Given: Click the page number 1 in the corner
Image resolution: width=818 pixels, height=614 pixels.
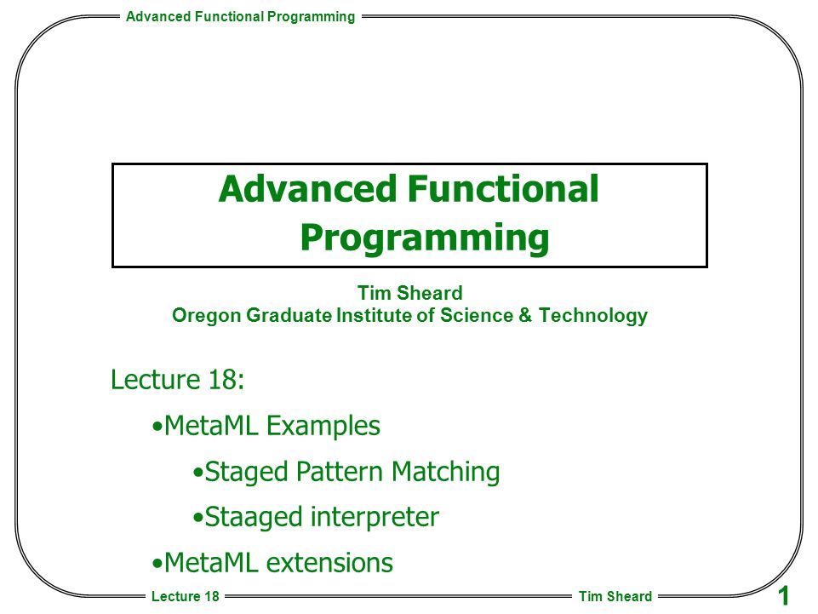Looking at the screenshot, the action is [783, 596].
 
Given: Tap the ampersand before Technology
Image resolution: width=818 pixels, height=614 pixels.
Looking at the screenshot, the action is [525, 315].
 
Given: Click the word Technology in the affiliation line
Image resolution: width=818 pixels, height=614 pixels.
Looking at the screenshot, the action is [593, 316].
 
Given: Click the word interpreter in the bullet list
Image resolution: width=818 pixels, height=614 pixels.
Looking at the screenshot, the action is [375, 517].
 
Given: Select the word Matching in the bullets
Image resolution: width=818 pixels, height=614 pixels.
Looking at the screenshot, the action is [445, 472].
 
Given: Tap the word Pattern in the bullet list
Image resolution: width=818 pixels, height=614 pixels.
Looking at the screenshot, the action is [340, 472].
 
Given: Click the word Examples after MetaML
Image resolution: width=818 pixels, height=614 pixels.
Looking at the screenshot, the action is [323, 426].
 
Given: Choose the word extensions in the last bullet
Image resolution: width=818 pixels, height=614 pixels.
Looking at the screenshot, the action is [329, 563].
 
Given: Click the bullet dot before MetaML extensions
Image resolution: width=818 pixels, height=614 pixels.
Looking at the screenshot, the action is [157, 565].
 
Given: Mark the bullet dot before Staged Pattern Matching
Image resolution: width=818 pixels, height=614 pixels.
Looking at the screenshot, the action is [197, 473].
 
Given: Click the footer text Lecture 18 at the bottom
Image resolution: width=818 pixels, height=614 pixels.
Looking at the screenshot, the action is [186, 596].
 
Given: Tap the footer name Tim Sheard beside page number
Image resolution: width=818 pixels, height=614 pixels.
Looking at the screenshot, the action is [615, 596].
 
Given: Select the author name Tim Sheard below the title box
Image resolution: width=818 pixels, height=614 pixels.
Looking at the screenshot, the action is [410, 293].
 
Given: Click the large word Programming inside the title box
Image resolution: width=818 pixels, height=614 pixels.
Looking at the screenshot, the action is [425, 238].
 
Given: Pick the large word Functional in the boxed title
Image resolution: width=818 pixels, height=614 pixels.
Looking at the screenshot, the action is [503, 188].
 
